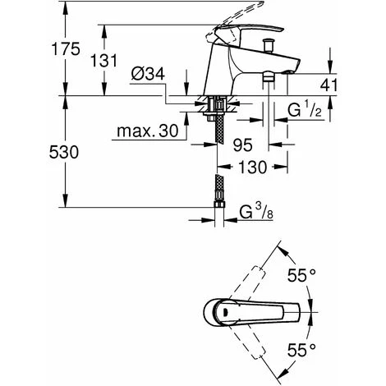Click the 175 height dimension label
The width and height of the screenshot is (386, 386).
pos(66,49)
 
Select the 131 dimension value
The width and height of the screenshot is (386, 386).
pos(103,61)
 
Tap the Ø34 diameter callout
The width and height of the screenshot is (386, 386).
pos(148,74)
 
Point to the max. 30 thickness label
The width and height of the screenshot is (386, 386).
pos(148,131)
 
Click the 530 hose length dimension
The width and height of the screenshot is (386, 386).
pos(64,152)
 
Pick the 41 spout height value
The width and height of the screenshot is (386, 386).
pos(329,85)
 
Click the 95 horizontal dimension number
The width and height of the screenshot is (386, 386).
pos(243,145)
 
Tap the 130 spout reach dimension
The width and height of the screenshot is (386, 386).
pos(252,167)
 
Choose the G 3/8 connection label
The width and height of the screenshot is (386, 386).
pos(256,212)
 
